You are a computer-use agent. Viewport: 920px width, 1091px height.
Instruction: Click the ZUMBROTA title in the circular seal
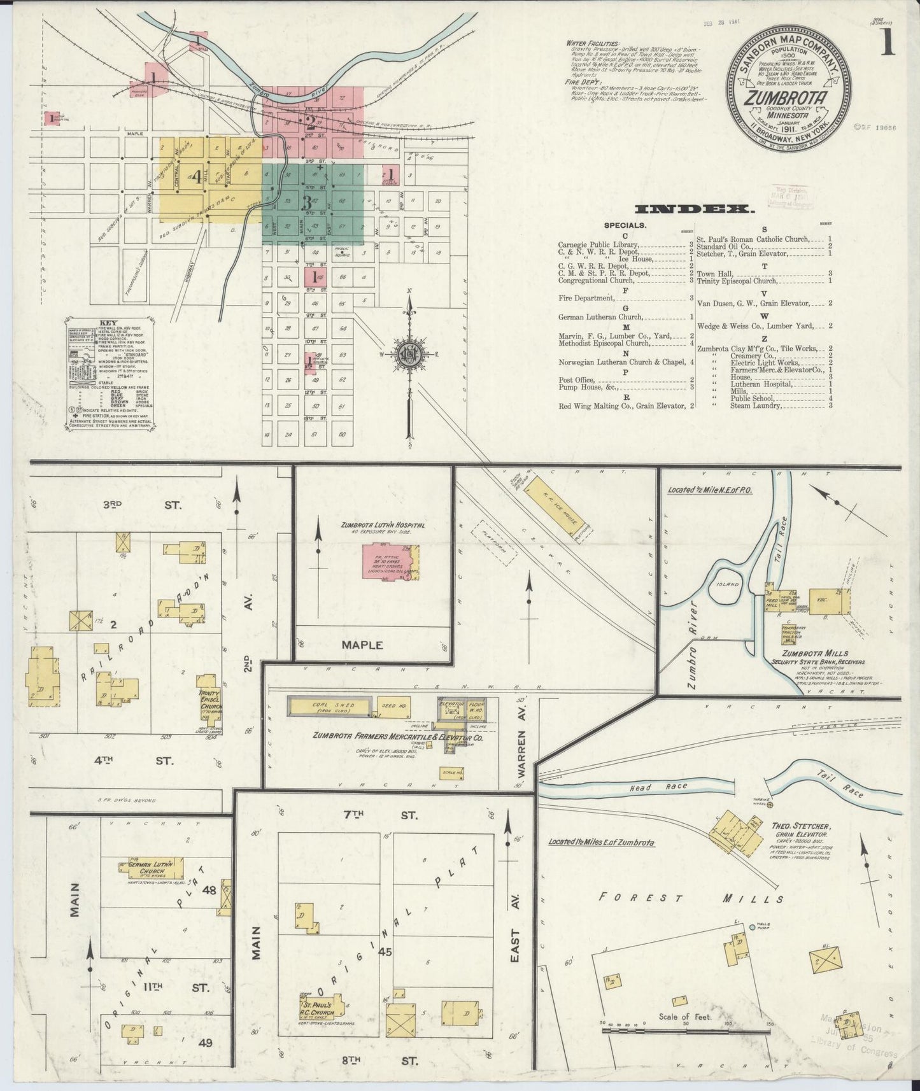pos(787,99)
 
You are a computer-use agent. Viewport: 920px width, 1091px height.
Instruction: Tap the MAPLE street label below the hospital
pos(363,645)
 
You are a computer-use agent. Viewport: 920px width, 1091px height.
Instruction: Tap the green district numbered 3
pos(307,203)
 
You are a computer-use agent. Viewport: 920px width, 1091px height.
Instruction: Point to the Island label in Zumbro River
pos(727,584)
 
